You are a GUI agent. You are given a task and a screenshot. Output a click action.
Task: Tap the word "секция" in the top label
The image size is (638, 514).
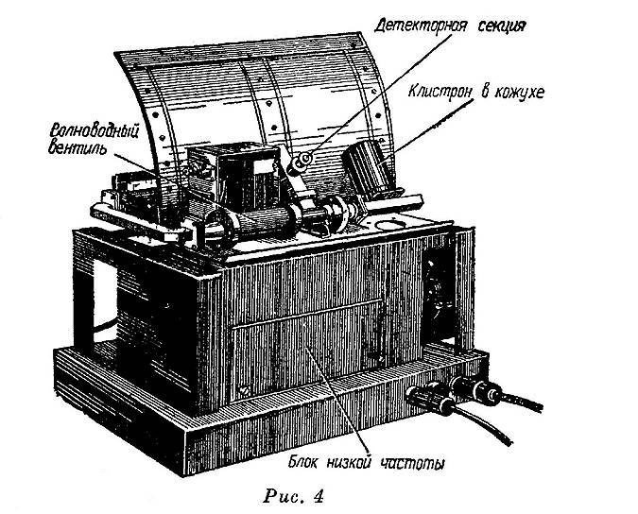click(502, 26)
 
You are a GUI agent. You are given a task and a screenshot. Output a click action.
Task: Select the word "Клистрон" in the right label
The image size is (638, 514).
click(441, 92)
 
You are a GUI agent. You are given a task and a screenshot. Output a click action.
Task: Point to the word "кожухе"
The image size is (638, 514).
click(519, 93)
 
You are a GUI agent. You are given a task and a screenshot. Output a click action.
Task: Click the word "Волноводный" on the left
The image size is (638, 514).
click(94, 131)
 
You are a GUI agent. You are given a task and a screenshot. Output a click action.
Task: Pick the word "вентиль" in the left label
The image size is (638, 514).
click(78, 147)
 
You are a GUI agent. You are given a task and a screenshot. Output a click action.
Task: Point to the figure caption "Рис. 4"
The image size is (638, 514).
click(294, 496)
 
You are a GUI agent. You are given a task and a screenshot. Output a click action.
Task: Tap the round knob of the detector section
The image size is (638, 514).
click(301, 163)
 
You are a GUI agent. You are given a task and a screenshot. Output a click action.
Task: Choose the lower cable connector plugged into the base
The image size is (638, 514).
click(431, 400)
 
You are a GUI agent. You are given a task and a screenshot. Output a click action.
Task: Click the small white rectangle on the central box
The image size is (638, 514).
click(263, 166)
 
